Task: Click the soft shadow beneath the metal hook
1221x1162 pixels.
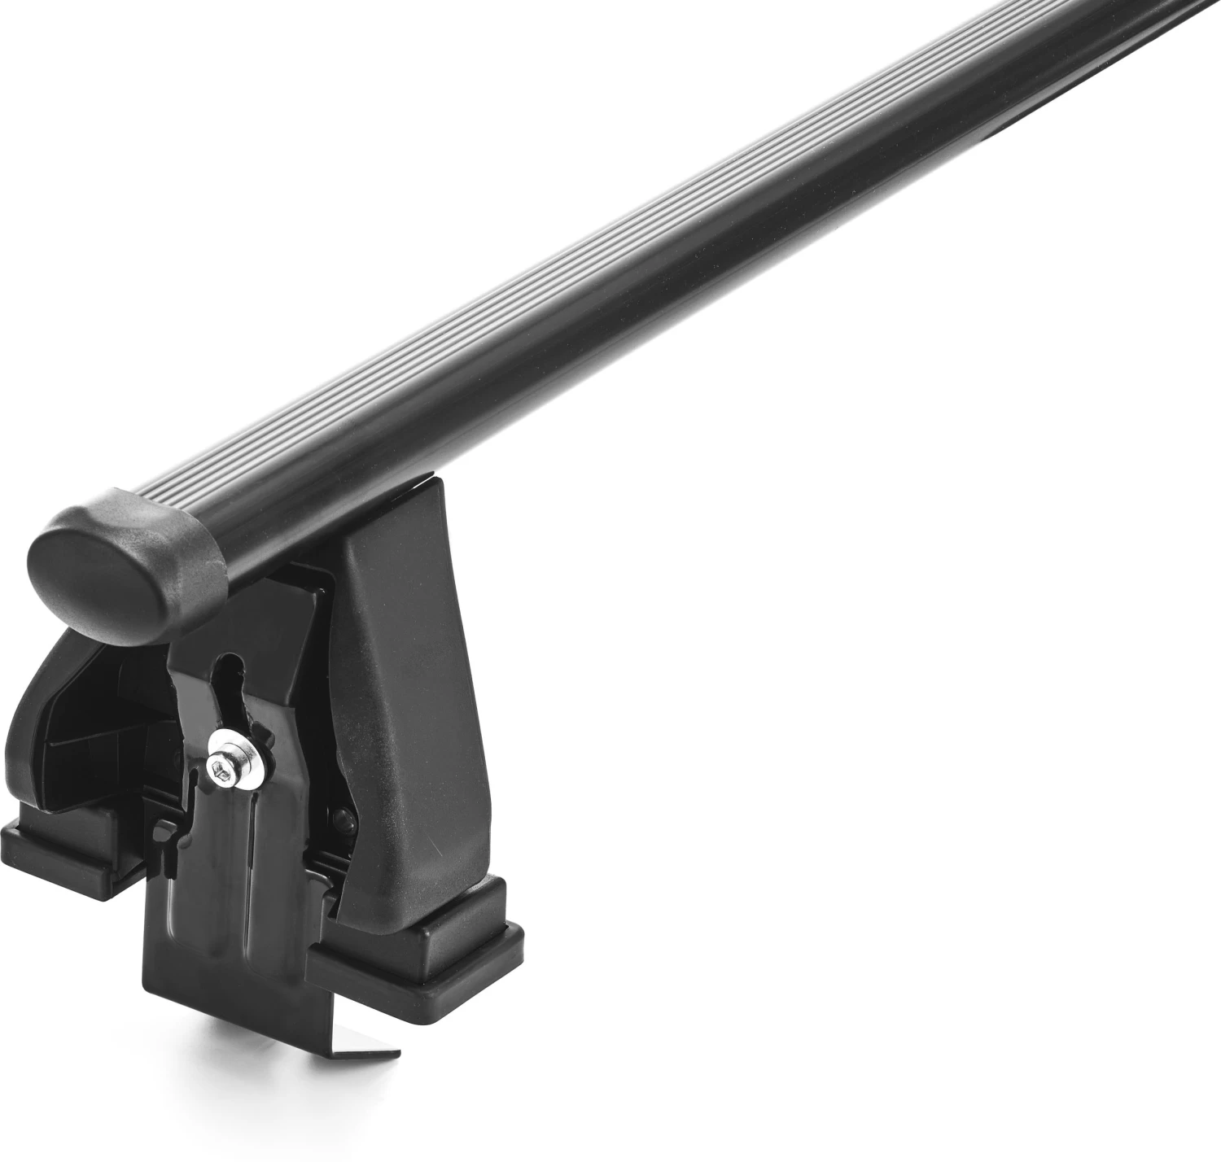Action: click(x=326, y=1066)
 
